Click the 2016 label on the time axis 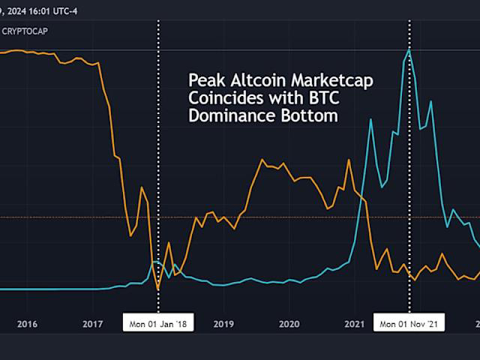27,324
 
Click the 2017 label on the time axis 93,324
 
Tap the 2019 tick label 224,324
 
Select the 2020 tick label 289,324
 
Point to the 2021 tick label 355,324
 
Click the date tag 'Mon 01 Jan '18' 158,324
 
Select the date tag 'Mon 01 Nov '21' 409,324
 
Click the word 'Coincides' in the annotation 220,98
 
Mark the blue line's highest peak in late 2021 409,49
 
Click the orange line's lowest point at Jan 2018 158,289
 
